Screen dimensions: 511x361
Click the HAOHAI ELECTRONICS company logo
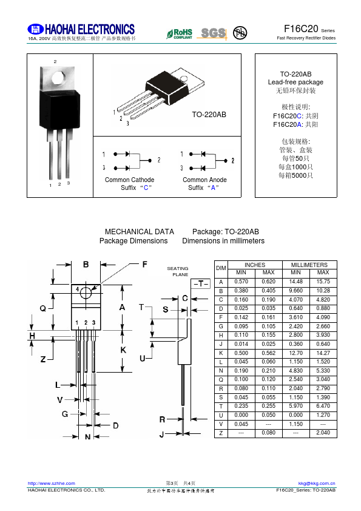pyautogui.click(x=81, y=30)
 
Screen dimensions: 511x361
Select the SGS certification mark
pyautogui.click(x=212, y=33)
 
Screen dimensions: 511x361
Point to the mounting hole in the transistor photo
pyautogui.click(x=58, y=78)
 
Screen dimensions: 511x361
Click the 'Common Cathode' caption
pyautogui.click(x=129, y=180)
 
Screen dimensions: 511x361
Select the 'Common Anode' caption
pyautogui.click(x=204, y=180)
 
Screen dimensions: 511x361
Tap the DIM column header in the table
pyautogui.click(x=221, y=268)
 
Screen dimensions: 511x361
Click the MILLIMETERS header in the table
pyautogui.click(x=309, y=265)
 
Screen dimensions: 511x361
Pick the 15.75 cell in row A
pyautogui.click(x=323, y=282)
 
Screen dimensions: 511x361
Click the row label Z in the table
pyautogui.click(x=221, y=433)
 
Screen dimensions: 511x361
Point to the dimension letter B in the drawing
pyautogui.click(x=86, y=264)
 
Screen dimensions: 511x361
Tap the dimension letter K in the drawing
pyautogui.click(x=123, y=351)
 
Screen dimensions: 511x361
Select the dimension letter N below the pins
pyautogui.click(x=87, y=436)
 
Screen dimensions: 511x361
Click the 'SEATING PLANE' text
pyautogui.click(x=178, y=271)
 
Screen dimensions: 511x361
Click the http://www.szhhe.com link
pyautogui.click(x=51, y=483)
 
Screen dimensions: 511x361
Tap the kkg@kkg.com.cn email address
pyautogui.click(x=317, y=483)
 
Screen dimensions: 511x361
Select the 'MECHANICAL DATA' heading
pyautogui.click(x=140, y=232)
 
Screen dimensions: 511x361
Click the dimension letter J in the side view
pyautogui.click(x=161, y=435)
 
